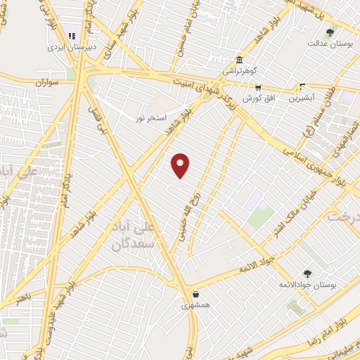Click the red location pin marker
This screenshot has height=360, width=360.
pyautogui.click(x=181, y=165)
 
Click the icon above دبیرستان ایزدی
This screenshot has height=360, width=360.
pyautogui.click(x=70, y=34)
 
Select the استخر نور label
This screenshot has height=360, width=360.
pyautogui.click(x=150, y=117)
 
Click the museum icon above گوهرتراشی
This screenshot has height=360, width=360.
pyautogui.click(x=240, y=59)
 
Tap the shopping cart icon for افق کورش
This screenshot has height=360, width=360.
pyautogui.click(x=257, y=87)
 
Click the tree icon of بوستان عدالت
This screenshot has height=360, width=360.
pyautogui.click(x=329, y=32)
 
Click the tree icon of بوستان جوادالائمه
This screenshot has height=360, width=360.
pyautogui.click(x=307, y=273)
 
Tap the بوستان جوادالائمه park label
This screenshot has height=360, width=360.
pyautogui.click(x=309, y=284)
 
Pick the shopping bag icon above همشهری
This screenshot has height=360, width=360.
pyautogui.click(x=193, y=295)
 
